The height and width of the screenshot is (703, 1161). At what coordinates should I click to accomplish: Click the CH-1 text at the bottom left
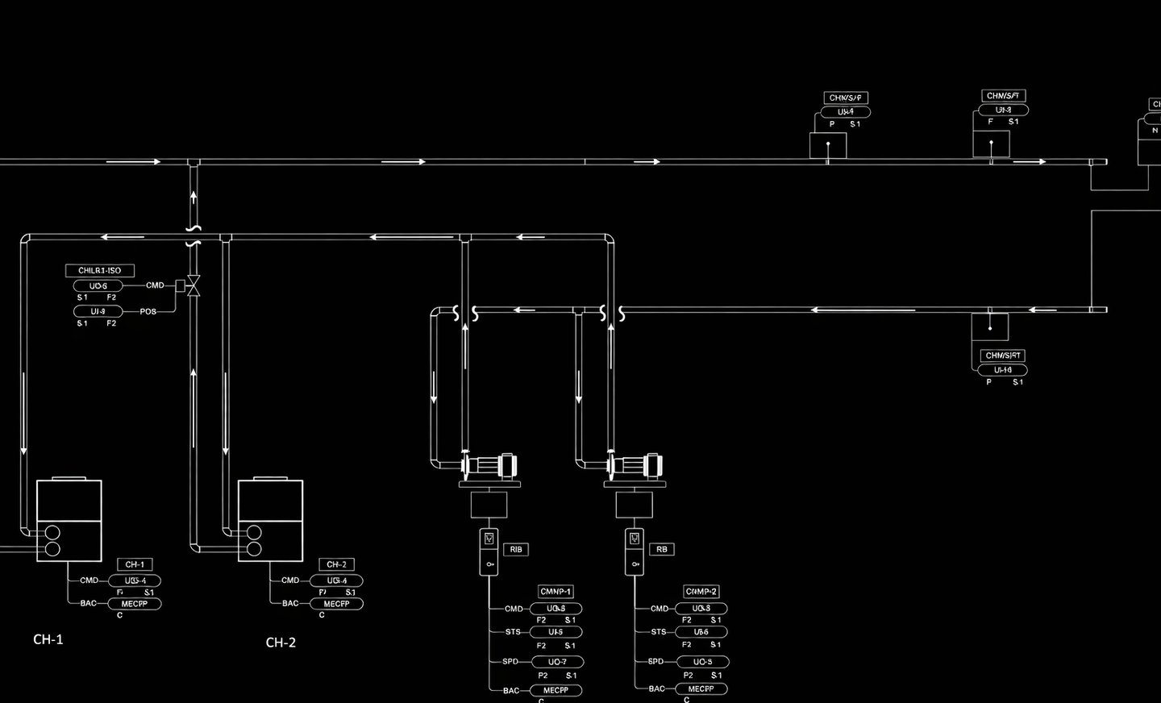click(x=48, y=639)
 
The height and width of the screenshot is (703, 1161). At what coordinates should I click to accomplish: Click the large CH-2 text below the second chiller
click(x=281, y=643)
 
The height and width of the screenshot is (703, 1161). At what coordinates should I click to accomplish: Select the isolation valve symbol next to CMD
click(x=193, y=285)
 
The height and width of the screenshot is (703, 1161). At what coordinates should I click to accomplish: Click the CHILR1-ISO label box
click(x=99, y=271)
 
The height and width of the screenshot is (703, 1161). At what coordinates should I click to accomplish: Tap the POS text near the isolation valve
click(x=148, y=311)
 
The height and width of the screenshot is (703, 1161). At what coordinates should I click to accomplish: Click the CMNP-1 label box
click(x=556, y=592)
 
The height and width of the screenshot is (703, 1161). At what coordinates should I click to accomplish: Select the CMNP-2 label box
click(x=701, y=592)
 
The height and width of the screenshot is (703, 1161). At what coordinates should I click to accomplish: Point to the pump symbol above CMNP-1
click(x=489, y=467)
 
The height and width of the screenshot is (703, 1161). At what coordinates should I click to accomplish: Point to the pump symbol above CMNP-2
click(x=635, y=467)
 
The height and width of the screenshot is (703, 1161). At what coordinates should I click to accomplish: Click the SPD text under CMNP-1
click(x=510, y=662)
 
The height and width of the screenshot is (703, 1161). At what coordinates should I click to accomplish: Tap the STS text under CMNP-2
click(x=659, y=632)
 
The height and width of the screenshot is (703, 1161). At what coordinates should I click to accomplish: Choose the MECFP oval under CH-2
click(x=336, y=604)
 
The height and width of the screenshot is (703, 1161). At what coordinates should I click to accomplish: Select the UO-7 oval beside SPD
click(x=557, y=662)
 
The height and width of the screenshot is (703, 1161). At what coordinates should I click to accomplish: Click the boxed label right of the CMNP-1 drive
click(x=516, y=550)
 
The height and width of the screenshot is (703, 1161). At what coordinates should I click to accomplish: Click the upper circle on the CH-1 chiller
click(x=52, y=532)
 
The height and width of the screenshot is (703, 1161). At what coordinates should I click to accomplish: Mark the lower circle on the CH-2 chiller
click(x=254, y=550)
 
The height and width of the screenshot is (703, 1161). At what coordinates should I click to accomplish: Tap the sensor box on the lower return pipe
click(x=989, y=327)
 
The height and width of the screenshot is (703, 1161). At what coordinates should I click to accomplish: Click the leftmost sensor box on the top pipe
click(x=828, y=146)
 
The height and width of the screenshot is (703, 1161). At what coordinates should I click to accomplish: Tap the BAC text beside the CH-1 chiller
click(x=88, y=603)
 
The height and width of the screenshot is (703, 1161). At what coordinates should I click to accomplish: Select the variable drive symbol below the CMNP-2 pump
click(x=635, y=551)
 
